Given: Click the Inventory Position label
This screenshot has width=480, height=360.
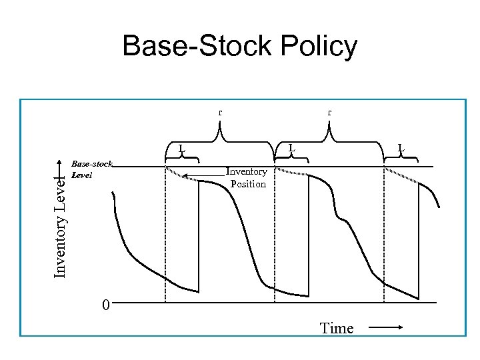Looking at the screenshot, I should tap(247, 178).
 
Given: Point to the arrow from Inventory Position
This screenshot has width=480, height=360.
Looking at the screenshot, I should tap(204, 175).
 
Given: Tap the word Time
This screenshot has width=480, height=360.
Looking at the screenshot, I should tap(337, 328).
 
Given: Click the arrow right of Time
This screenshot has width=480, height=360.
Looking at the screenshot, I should tap(385, 327).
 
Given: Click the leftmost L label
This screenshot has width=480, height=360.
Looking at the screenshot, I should tap(181, 147).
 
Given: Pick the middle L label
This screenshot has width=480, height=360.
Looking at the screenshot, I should tap(292, 147).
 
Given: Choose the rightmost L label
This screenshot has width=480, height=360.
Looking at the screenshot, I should tap(401, 147).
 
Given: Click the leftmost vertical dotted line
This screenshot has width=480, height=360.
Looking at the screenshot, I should tap(165, 233).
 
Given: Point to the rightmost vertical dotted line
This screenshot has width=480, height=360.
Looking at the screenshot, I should tap(384, 233).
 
